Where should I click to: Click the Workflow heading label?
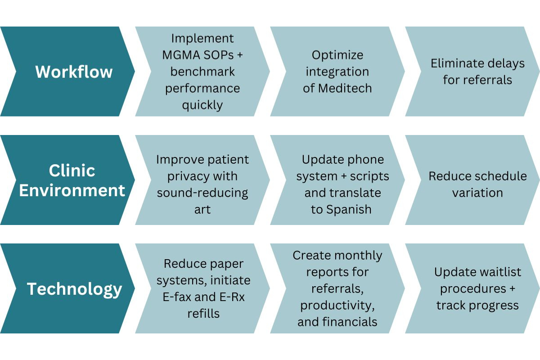74,72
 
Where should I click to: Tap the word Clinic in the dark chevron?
72,171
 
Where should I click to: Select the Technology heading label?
75,289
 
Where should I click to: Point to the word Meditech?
345,88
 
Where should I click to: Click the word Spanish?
349,209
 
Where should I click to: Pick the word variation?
477,193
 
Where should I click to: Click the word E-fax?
177,297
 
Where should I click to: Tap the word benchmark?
202,72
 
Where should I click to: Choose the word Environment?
72,190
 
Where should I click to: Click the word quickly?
202,106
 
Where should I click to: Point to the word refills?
204,314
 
